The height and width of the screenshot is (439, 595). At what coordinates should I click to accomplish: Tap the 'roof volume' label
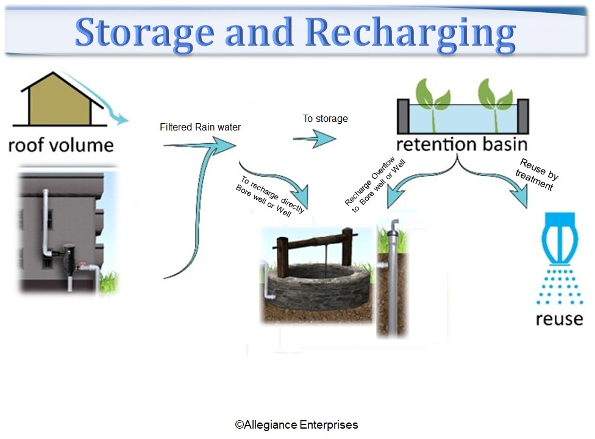tap(61, 145)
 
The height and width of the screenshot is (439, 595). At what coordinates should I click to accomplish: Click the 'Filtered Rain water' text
tap(200, 127)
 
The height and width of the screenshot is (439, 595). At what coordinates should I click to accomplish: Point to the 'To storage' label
tap(326, 119)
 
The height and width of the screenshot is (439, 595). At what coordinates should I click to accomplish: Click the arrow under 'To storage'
tap(314, 140)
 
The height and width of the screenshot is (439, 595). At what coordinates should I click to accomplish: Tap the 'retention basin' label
tap(461, 145)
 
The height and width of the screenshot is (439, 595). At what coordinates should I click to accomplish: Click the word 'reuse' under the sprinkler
tap(559, 318)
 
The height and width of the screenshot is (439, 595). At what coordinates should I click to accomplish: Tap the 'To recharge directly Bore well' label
tap(271, 195)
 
